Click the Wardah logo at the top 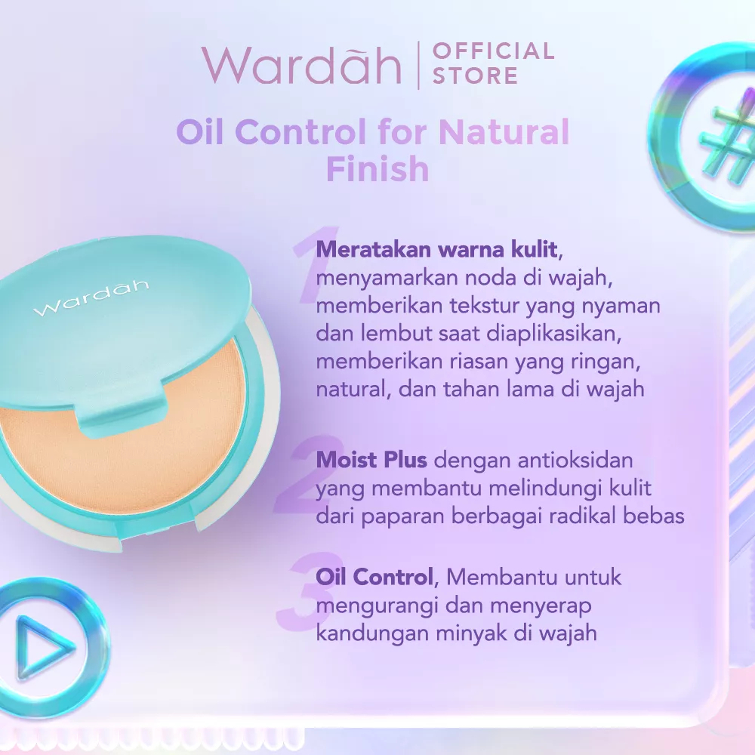click(300, 65)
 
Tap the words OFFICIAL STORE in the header click(493, 63)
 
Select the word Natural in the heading click(504, 133)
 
